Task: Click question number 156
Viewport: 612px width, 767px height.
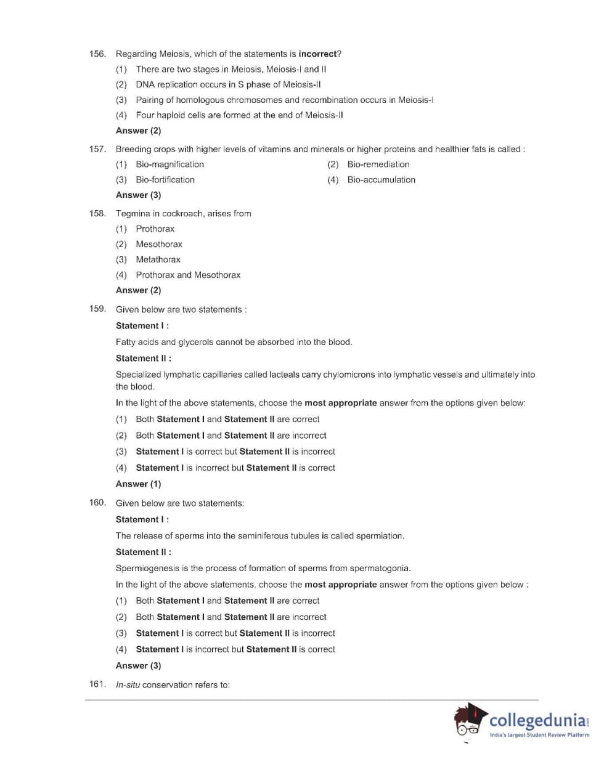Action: click(97, 54)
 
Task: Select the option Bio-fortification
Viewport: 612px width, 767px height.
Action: click(165, 180)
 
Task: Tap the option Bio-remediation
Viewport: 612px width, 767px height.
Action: click(378, 164)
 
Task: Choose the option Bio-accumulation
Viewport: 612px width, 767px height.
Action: click(381, 180)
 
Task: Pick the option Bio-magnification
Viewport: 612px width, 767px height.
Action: click(169, 164)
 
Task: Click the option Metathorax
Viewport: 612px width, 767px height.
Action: click(158, 260)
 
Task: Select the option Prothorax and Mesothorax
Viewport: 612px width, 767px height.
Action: click(188, 275)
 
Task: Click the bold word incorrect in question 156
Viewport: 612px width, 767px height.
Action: click(317, 54)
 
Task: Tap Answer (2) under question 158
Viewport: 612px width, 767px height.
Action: click(138, 290)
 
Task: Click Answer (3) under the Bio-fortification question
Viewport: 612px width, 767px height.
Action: click(138, 195)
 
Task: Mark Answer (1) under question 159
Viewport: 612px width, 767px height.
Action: click(138, 484)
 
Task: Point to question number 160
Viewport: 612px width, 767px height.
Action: click(97, 503)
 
